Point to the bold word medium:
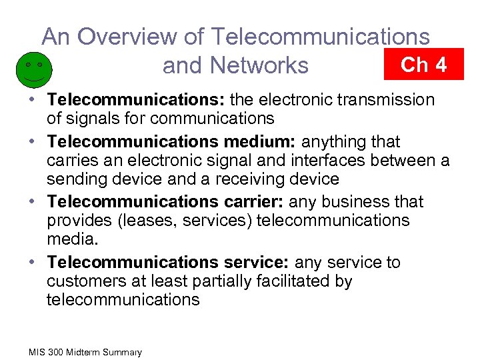263,141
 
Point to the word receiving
252,179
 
